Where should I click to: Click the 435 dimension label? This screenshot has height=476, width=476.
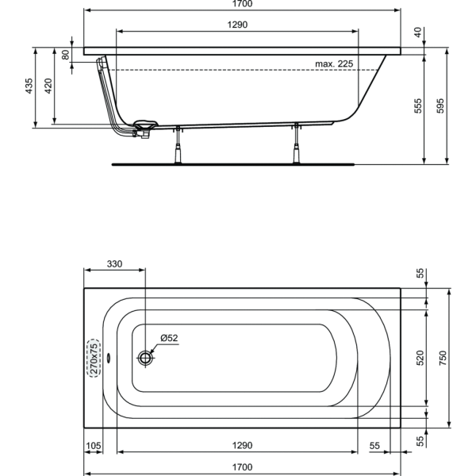coord(29,86)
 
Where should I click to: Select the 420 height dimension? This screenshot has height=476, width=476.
coord(48,86)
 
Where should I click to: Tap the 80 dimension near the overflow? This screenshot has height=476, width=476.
coord(66,55)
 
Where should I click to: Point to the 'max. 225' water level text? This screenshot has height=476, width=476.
coord(334,63)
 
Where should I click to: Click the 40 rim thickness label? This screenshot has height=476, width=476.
coord(418,33)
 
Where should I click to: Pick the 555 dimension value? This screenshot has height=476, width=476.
coord(418,106)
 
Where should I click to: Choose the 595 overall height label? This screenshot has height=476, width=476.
coord(440,106)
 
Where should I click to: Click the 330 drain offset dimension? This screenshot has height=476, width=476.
coord(114,264)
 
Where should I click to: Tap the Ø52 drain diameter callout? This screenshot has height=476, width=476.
coord(169,338)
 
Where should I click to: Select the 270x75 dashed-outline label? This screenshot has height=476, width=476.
coord(94,359)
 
